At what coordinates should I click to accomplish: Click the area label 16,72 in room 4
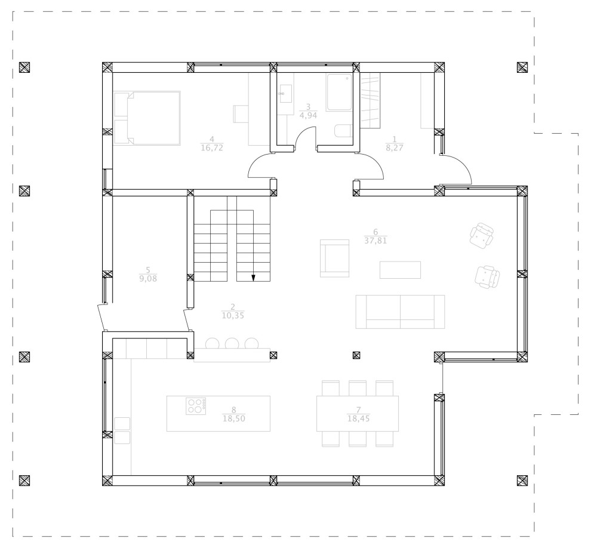tap(212, 148)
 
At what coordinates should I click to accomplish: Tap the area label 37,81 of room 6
tap(375, 241)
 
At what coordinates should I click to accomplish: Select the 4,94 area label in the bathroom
tap(307, 116)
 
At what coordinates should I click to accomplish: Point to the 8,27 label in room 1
tap(395, 148)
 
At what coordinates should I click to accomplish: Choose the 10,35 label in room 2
tap(232, 315)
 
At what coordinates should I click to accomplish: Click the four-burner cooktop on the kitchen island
tap(195, 406)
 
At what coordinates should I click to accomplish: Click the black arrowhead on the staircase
tap(253, 277)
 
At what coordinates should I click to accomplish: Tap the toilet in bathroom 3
tap(342, 131)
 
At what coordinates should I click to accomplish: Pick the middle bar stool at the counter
tap(232, 343)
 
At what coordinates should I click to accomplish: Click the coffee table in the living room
tap(400, 270)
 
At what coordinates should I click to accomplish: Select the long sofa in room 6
tap(400, 311)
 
